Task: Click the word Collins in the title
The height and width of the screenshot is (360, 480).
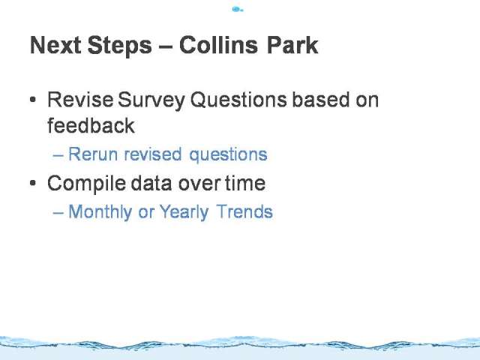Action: coord(218,45)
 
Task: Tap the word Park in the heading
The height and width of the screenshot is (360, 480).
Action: coord(292,45)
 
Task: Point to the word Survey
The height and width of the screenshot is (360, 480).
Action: coord(151,100)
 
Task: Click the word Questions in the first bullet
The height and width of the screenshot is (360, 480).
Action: coord(238,100)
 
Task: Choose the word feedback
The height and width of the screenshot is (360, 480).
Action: coord(91,125)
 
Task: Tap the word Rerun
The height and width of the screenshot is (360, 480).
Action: coord(93,154)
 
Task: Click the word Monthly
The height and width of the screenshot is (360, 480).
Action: coord(100,212)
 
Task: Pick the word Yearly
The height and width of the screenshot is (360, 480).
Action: coord(184,212)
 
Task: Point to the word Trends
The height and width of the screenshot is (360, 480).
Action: coord(244,211)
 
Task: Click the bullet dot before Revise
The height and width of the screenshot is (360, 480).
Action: coord(33,100)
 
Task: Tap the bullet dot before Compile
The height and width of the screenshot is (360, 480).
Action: coord(33,183)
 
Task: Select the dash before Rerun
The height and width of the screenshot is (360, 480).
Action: coord(58,155)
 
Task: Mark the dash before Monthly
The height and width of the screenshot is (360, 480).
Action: coord(58,213)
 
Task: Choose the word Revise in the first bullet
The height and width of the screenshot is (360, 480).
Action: coord(80,100)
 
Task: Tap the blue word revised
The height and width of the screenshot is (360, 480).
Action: coord(153,154)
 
